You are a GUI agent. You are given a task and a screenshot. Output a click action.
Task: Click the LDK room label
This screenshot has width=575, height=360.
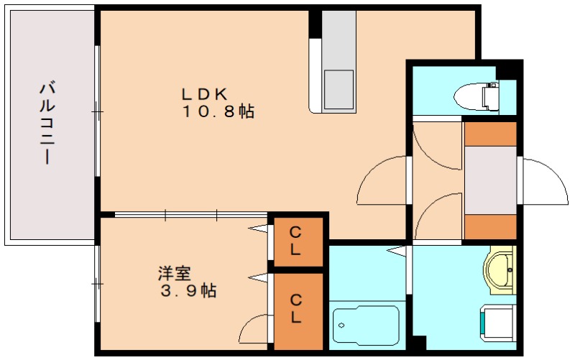click(205, 94)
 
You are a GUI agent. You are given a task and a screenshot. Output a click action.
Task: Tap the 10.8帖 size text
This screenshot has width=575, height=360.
click(218, 111)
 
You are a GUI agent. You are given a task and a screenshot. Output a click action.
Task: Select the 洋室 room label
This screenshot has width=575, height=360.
click(174, 274)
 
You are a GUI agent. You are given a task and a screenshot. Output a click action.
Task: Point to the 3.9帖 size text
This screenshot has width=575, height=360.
click(188, 291)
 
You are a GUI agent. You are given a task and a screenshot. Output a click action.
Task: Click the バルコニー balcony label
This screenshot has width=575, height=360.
click(47, 124)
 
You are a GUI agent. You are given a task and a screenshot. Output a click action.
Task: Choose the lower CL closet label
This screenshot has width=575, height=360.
click(295, 309)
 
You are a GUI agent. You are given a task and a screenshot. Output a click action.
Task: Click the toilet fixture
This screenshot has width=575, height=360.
click(477, 97)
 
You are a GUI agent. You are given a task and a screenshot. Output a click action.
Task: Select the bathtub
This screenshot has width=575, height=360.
click(366, 325)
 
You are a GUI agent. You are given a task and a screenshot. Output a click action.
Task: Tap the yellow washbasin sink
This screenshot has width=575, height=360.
click(500, 269)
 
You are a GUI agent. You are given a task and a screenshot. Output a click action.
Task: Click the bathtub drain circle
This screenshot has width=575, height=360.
click(342, 326)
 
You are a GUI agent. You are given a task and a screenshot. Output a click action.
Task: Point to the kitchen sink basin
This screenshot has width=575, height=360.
click(339, 89)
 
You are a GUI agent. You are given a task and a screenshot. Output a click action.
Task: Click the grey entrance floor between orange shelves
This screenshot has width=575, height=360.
click(491, 180)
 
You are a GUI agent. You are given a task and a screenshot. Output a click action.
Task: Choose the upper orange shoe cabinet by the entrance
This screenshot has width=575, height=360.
click(491, 134)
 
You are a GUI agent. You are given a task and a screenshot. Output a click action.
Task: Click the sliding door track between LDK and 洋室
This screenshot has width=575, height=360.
click(190, 215)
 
